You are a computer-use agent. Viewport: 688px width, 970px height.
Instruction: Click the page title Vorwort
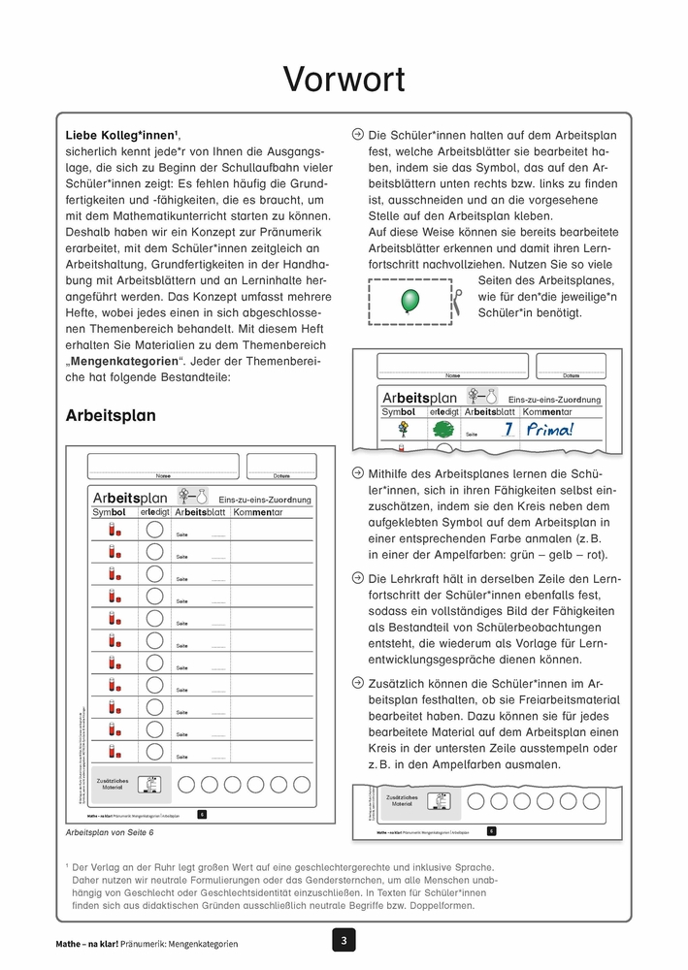[x=344, y=79]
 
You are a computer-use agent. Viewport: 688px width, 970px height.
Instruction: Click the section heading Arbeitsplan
[x=111, y=415]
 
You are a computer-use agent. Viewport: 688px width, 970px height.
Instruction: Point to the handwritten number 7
[x=507, y=429]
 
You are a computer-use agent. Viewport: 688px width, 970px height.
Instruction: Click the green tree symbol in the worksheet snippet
[x=443, y=430]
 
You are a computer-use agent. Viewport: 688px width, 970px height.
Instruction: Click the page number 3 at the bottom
[x=344, y=939]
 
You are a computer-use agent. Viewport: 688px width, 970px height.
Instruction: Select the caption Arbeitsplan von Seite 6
[x=110, y=832]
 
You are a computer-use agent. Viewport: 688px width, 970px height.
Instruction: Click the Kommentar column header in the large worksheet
[x=258, y=512]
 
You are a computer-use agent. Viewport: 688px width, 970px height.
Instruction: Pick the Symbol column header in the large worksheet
[x=110, y=512]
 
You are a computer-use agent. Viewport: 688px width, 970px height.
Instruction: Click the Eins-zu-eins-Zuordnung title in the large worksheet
[x=264, y=500]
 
